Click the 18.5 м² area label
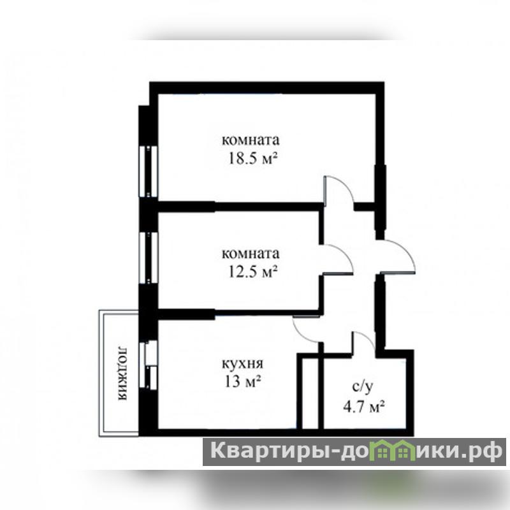coord(253,159)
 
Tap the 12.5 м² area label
coord(253,272)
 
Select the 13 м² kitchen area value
coord(243,381)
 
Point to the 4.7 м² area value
coord(364,407)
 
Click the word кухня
coord(243,363)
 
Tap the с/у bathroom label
coord(363,386)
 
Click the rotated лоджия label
coord(122,373)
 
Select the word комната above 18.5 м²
coord(251,140)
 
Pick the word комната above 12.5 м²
coord(251,253)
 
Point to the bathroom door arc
coord(368,339)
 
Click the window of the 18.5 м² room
coord(148,171)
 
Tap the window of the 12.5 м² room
coord(148,258)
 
